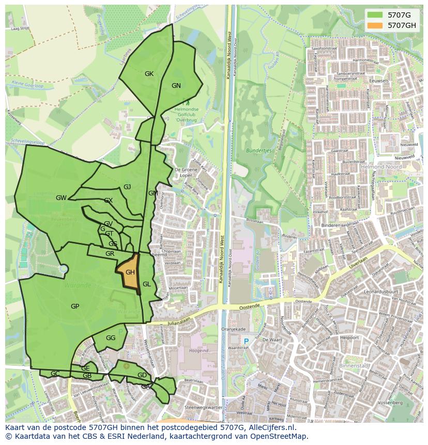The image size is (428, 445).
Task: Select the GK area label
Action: tap(149, 74)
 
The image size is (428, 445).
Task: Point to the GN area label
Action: tap(176, 86)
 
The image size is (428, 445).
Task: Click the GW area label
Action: tap(61, 198)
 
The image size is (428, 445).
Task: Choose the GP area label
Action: tap(75, 306)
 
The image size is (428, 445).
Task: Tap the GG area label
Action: tap(111, 337)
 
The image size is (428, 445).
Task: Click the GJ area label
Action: tap(127, 187)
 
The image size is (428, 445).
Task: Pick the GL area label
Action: tap(147, 284)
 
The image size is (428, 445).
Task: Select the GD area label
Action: tap(142, 375)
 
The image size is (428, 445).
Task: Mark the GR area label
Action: tap(110, 254)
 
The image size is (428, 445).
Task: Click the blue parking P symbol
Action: tap(246, 341)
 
